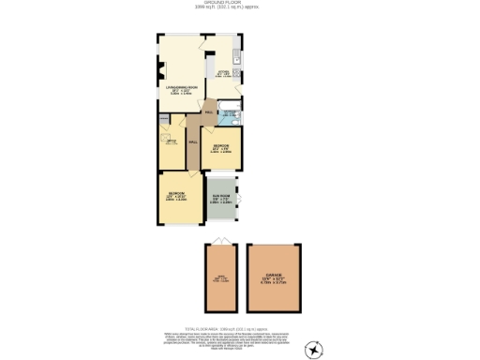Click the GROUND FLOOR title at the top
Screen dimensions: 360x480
click(x=240, y=3)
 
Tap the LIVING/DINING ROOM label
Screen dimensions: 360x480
click(x=179, y=89)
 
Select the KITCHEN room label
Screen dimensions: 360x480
click(x=224, y=71)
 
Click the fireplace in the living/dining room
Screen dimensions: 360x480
click(x=160, y=79)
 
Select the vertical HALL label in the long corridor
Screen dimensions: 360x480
click(x=192, y=142)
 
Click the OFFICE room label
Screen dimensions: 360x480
click(x=172, y=142)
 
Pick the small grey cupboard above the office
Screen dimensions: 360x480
click(x=164, y=119)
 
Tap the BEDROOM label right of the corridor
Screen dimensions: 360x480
click(x=221, y=148)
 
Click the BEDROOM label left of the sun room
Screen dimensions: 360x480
click(x=177, y=196)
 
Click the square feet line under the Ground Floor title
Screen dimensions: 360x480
click(x=240, y=7)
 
